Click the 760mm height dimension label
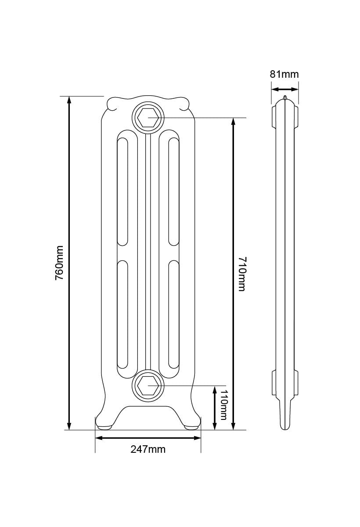(x=60, y=263)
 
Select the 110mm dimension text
(x=223, y=404)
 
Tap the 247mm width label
(x=148, y=449)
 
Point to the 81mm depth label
(x=284, y=74)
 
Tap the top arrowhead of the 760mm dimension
(x=69, y=100)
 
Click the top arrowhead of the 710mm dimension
(x=233, y=122)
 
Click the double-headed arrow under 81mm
(x=284, y=89)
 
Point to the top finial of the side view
(x=285, y=97)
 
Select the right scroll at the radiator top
(x=181, y=104)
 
